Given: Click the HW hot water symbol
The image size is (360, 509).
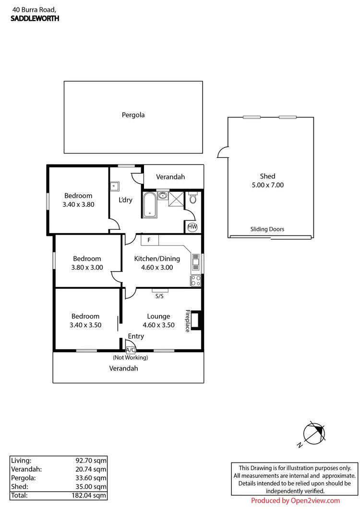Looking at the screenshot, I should [192, 227].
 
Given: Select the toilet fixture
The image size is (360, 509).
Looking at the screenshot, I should [193, 198].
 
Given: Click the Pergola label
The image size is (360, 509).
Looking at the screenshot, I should [133, 115].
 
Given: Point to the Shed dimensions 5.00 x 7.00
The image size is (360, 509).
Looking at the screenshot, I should [268, 185].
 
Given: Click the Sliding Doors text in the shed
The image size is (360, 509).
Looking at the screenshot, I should [267, 229].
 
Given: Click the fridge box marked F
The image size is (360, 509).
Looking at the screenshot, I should [149, 240].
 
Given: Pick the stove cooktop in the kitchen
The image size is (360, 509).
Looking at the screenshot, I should [196, 281].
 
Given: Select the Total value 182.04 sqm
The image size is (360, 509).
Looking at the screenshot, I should [90, 495].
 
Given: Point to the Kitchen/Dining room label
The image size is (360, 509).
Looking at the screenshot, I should [157, 259].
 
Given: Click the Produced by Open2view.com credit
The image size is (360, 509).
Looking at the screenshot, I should [295, 500].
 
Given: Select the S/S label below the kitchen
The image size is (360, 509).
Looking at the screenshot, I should [159, 296].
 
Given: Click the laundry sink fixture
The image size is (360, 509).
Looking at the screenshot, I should [115, 186].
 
